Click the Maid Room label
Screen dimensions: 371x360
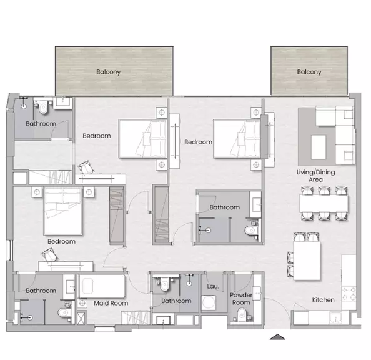[111, 303]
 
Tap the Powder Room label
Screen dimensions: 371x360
[241, 299]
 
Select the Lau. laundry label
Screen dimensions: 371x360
[213, 286]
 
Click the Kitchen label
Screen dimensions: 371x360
[323, 300]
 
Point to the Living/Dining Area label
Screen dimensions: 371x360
[315, 176]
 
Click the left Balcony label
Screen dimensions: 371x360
[109, 72]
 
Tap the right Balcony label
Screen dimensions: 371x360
[309, 72]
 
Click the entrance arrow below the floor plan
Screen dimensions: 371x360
[277, 337]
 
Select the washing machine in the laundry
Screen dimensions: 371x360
[209, 302]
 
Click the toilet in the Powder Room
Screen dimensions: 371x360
[242, 314]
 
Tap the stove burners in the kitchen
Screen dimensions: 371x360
[349, 294]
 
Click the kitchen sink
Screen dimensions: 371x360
[336, 317]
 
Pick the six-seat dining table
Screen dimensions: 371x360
[324, 204]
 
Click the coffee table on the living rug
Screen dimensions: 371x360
[319, 147]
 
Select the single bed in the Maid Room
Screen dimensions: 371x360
[102, 286]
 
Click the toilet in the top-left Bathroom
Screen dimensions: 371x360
[43, 107]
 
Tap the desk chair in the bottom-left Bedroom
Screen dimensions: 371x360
[50, 255]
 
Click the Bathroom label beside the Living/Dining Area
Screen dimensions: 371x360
[225, 207]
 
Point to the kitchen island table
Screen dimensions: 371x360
[307, 261]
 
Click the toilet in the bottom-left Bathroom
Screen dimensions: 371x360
[64, 312]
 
